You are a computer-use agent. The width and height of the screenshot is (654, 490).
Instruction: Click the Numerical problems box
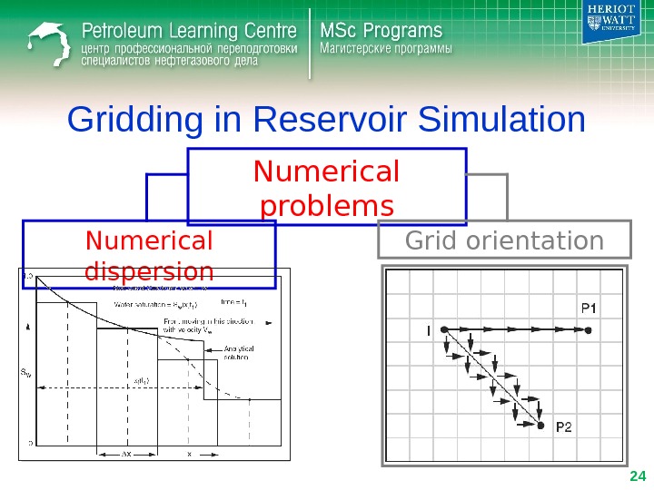point(327,187)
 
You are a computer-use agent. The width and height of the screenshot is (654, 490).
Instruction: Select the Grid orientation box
point(504,241)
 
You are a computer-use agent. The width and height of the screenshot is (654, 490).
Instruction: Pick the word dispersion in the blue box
point(149,270)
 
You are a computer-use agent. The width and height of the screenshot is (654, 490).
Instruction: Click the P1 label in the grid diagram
point(589,308)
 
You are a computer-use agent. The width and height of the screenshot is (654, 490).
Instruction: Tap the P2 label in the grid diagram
point(564,426)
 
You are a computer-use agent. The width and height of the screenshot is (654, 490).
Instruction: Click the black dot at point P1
point(589,331)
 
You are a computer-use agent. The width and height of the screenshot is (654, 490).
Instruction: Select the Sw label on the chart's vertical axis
point(27,371)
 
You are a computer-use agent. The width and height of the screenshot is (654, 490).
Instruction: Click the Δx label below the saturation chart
point(131,453)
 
